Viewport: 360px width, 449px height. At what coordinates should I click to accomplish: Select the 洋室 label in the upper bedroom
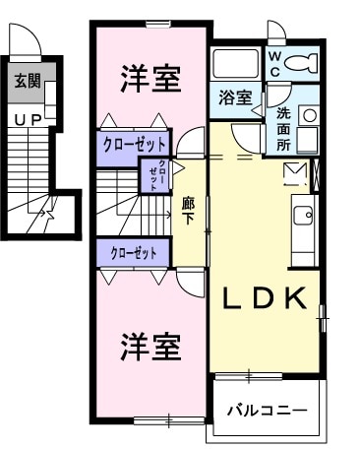(150, 79)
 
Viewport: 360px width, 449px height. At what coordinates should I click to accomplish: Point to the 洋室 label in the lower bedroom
(150, 347)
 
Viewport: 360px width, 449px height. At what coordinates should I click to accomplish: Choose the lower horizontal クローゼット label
(134, 252)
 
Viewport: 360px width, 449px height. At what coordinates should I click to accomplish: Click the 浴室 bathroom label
(235, 98)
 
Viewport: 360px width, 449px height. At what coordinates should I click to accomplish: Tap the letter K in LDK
(299, 297)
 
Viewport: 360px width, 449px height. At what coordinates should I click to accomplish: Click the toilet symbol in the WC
(305, 64)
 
